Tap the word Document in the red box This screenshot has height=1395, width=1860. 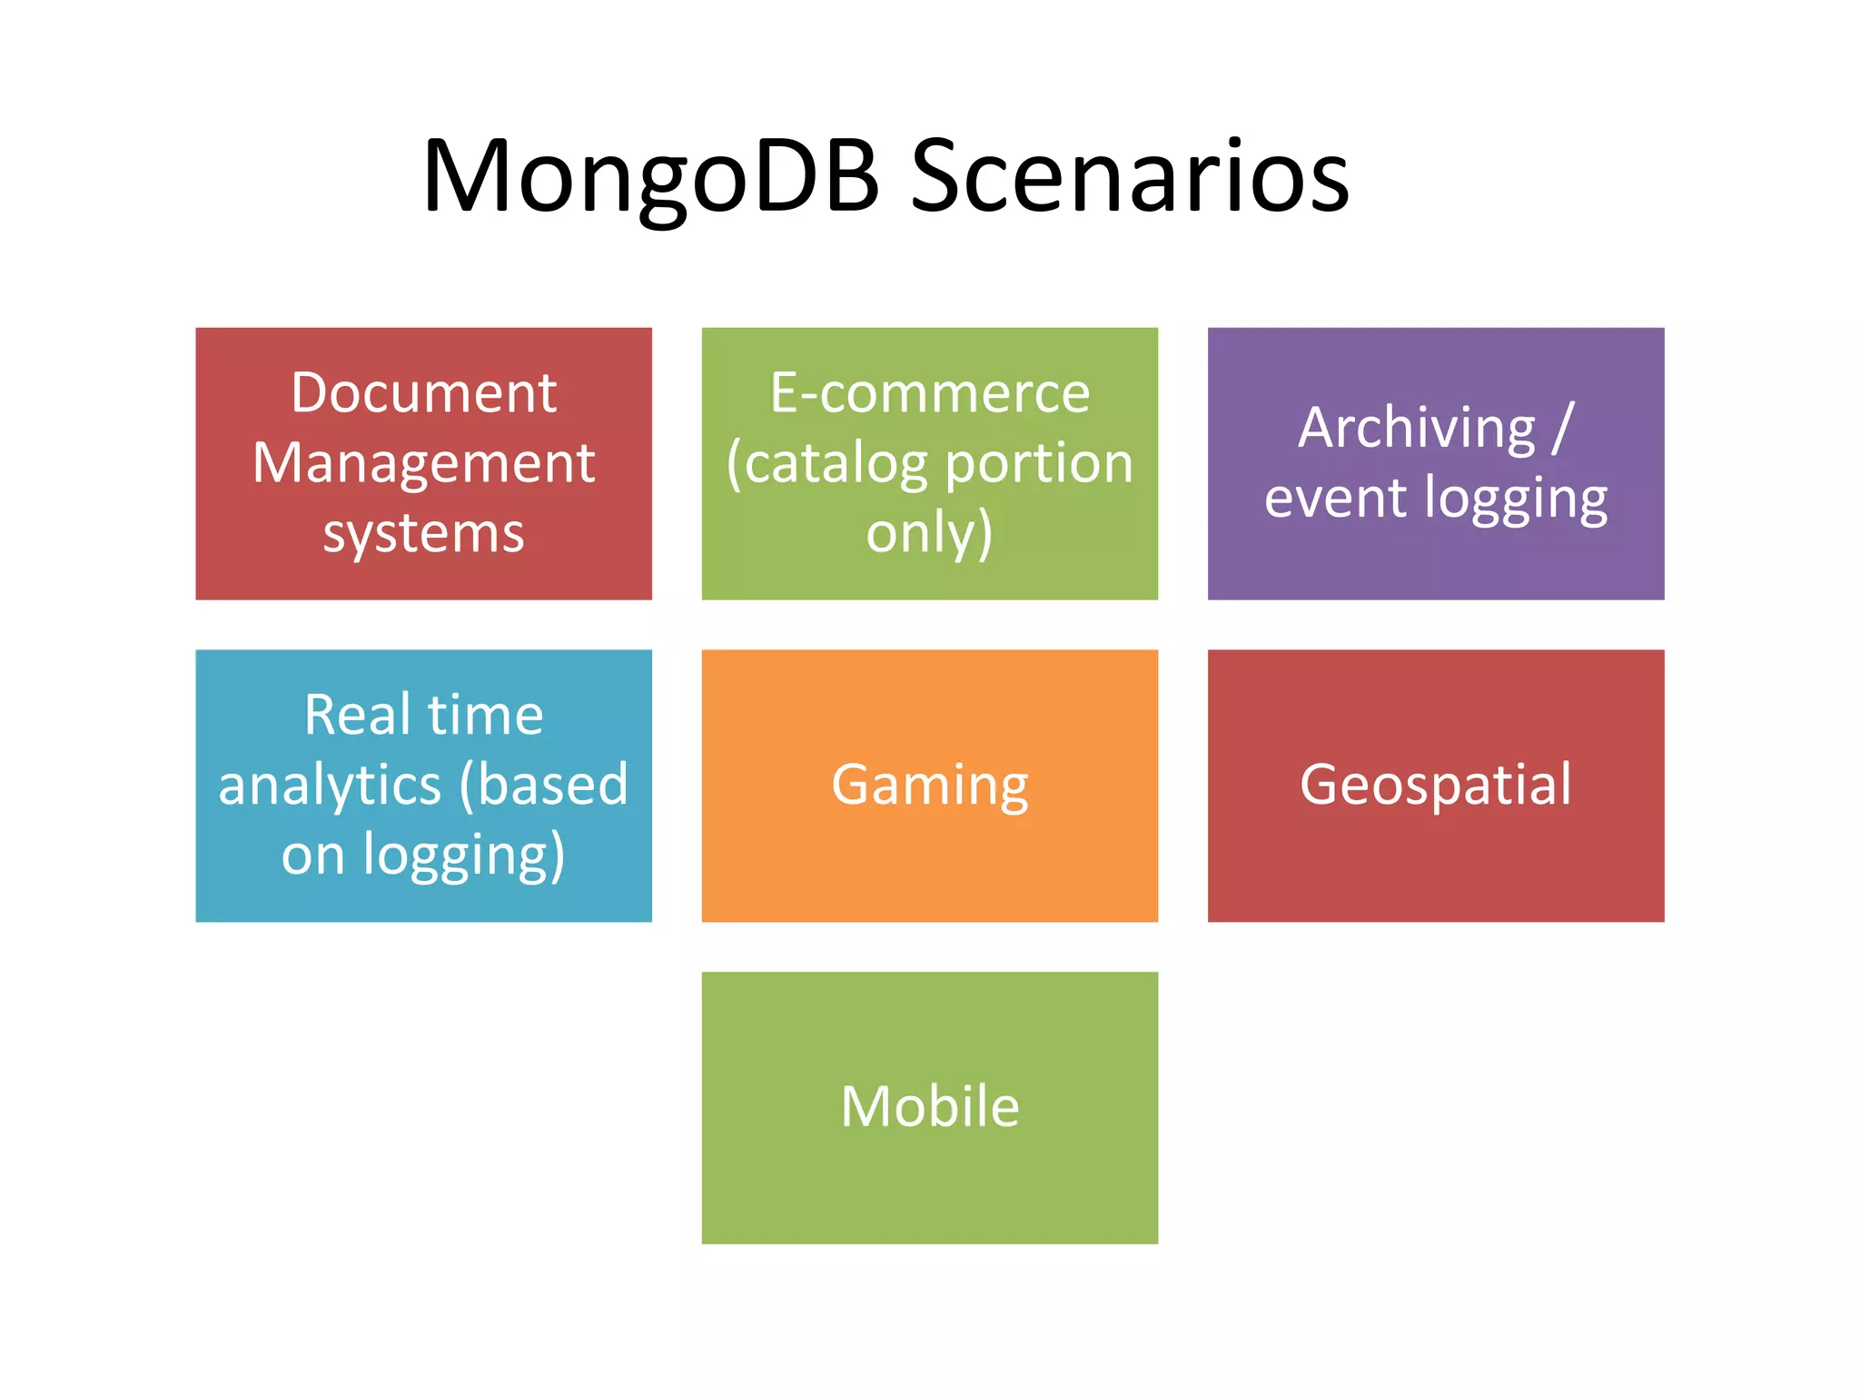(x=423, y=393)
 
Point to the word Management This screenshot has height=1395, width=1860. (x=423, y=463)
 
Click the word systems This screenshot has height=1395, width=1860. (x=423, y=533)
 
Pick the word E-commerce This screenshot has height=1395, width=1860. (x=930, y=393)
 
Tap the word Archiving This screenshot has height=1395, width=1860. (x=1416, y=428)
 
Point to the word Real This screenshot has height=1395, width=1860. (x=357, y=715)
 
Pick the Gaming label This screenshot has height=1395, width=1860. (x=930, y=786)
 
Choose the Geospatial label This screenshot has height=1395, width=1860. (x=1436, y=785)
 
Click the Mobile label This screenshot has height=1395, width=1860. (x=930, y=1107)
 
